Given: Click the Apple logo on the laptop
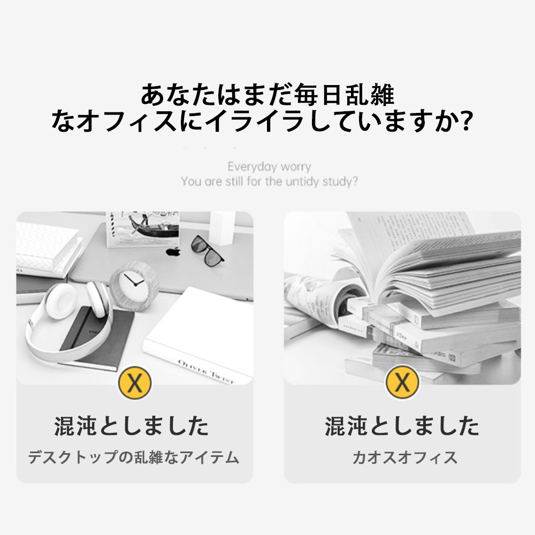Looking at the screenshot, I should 173,251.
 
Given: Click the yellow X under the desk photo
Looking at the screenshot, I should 134,383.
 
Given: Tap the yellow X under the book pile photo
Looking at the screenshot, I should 402,383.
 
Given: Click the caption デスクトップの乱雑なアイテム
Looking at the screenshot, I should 134,458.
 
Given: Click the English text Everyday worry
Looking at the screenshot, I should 269,167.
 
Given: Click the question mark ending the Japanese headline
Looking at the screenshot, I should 465,122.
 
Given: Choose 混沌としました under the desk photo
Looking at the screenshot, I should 132,427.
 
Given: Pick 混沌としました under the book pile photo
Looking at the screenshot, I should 402,427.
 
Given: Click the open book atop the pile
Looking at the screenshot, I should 428,262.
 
